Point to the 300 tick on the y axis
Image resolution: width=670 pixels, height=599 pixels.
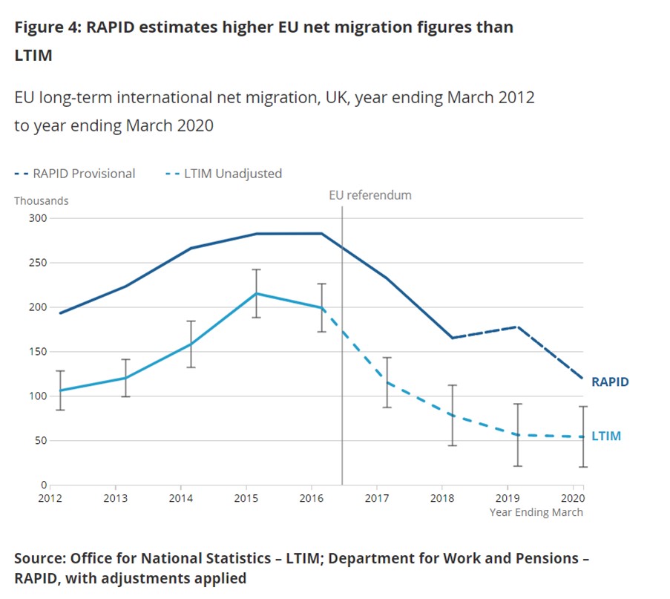click(38, 218)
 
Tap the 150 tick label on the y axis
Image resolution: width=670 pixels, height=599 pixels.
click(38, 352)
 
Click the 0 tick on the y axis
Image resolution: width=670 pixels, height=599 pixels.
click(44, 485)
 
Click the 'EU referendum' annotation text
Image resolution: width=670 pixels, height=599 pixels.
click(370, 195)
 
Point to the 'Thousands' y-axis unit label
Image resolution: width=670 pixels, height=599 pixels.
click(41, 200)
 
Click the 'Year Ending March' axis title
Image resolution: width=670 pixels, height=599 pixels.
click(536, 512)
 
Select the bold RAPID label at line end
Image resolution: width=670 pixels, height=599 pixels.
click(610, 382)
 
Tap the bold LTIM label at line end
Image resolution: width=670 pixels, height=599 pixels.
click(606, 436)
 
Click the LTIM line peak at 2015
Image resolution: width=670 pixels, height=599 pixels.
click(257, 293)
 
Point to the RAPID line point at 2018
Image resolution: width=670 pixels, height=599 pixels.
click(452, 338)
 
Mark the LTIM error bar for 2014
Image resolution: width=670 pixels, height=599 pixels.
click(191, 344)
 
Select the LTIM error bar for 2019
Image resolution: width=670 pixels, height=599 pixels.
click(517, 435)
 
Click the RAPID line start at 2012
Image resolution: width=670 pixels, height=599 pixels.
click(60, 312)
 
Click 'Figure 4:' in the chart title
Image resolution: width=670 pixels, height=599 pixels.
click(47, 27)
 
